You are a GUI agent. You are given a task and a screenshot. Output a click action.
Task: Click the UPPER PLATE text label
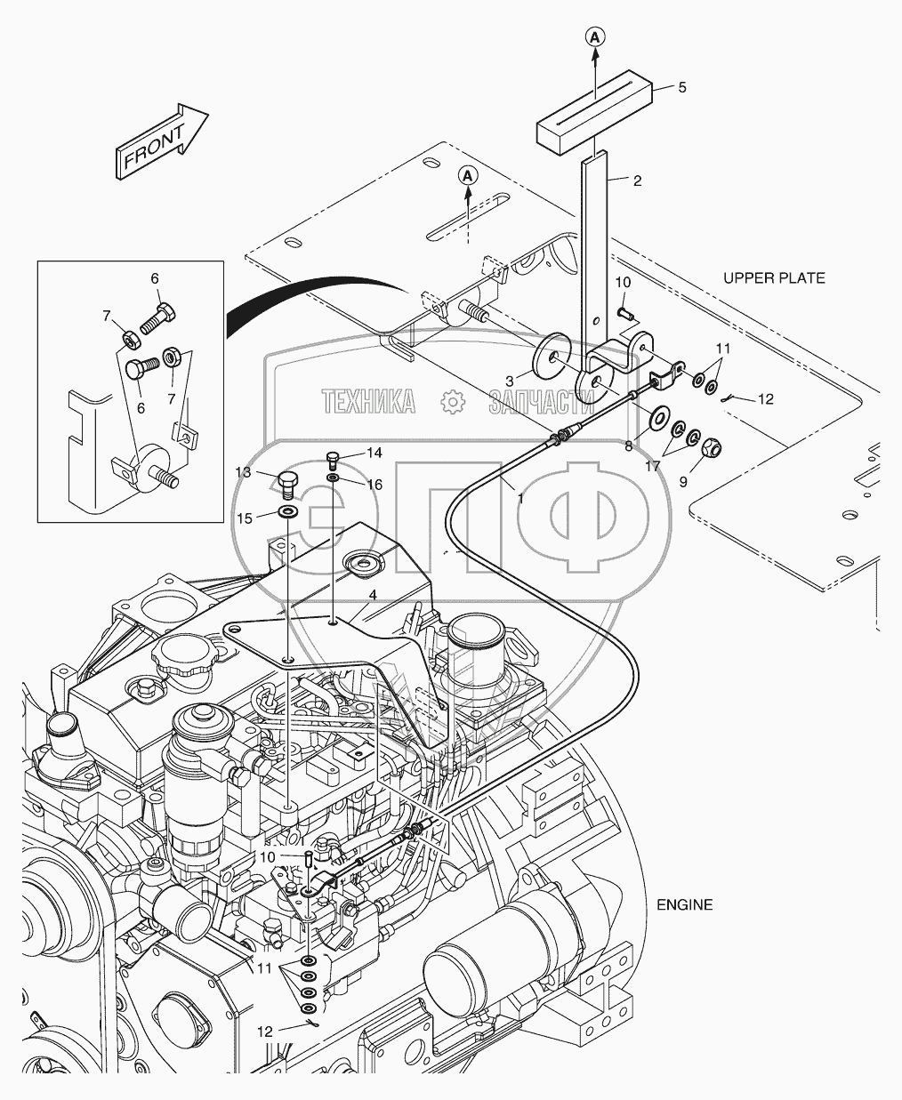pyautogui.click(x=774, y=278)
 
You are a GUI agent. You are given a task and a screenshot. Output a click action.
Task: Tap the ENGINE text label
pyautogui.click(x=684, y=905)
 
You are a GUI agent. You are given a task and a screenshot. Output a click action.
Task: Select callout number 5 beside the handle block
pyautogui.click(x=682, y=87)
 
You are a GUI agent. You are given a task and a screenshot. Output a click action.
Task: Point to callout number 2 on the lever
pyautogui.click(x=637, y=181)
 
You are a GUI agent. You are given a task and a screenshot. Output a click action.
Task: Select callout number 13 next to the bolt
pyautogui.click(x=243, y=471)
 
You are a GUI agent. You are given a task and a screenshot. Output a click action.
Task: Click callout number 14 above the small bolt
pyautogui.click(x=374, y=453)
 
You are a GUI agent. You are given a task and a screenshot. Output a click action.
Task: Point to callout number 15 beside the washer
pyautogui.click(x=243, y=518)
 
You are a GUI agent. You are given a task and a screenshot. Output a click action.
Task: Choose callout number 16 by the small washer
pyautogui.click(x=374, y=485)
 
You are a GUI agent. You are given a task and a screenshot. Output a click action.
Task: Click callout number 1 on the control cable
pyautogui.click(x=519, y=500)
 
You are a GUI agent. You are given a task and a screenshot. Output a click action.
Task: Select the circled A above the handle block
pyautogui.click(x=595, y=36)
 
